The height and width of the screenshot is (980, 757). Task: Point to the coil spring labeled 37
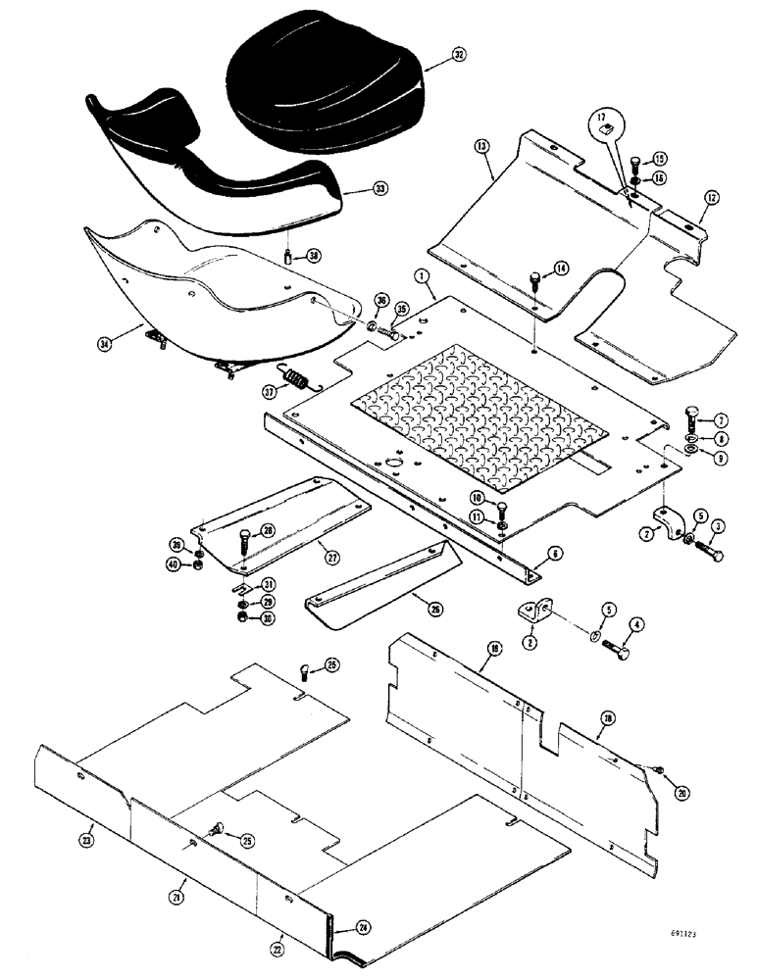pos(296,376)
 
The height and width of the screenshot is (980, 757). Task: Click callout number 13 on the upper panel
pos(481,146)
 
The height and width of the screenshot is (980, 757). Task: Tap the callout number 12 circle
pos(705,199)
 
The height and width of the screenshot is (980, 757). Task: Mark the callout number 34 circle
pos(104,342)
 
